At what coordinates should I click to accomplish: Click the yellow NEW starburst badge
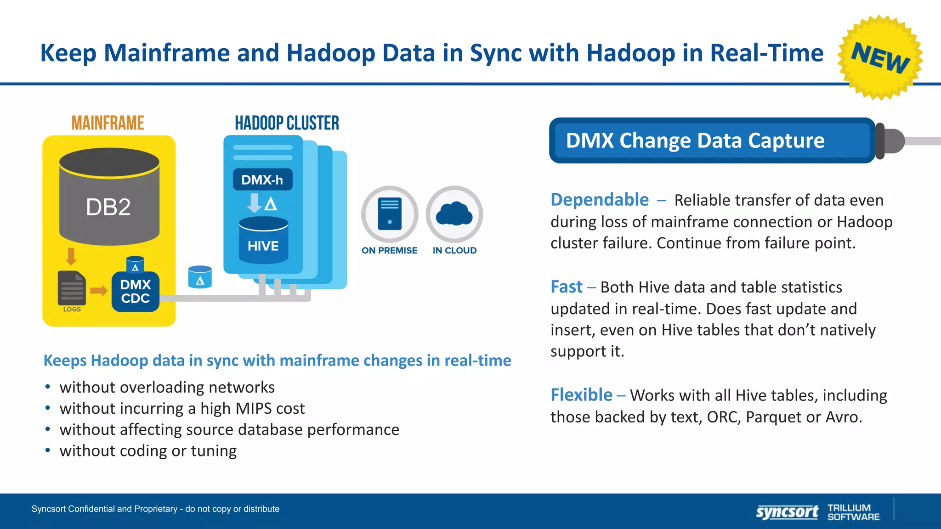[880, 57]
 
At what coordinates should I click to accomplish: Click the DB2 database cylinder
[109, 197]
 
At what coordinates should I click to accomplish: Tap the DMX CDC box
[136, 292]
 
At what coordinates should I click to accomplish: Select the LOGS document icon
[72, 288]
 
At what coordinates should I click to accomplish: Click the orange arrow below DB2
[71, 256]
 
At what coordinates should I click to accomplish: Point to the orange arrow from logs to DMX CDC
[98, 290]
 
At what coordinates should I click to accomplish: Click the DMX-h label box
[262, 180]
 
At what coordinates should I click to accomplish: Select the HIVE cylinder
[263, 241]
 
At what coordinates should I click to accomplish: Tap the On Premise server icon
[390, 214]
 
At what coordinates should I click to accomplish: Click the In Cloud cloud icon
[454, 214]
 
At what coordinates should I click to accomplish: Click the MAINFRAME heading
[108, 123]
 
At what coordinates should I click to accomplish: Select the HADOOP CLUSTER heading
[287, 123]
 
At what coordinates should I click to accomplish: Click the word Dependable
[600, 200]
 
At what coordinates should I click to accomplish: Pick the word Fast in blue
[566, 287]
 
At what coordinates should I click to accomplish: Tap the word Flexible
[581, 395]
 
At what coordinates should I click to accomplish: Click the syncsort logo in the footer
[787, 512]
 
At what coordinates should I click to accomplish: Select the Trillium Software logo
[853, 512]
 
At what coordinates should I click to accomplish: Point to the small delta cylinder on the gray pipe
[200, 277]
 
